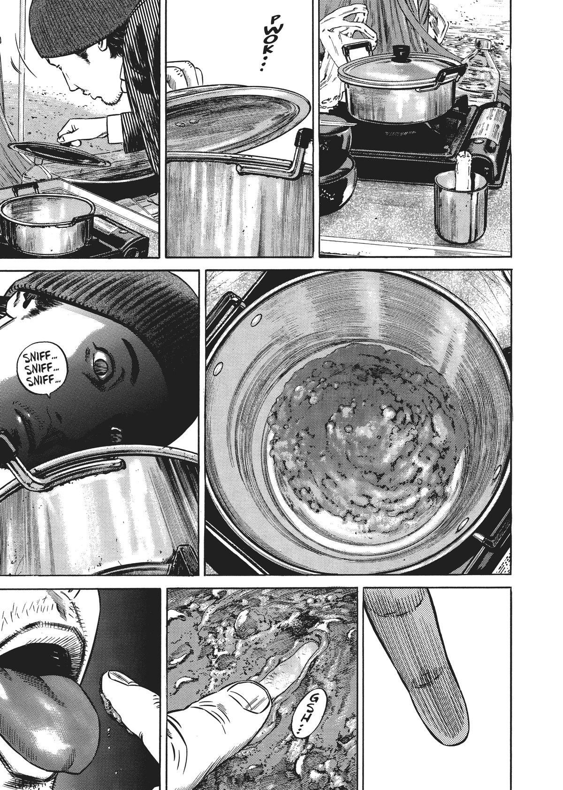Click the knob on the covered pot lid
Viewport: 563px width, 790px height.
[400, 53]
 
